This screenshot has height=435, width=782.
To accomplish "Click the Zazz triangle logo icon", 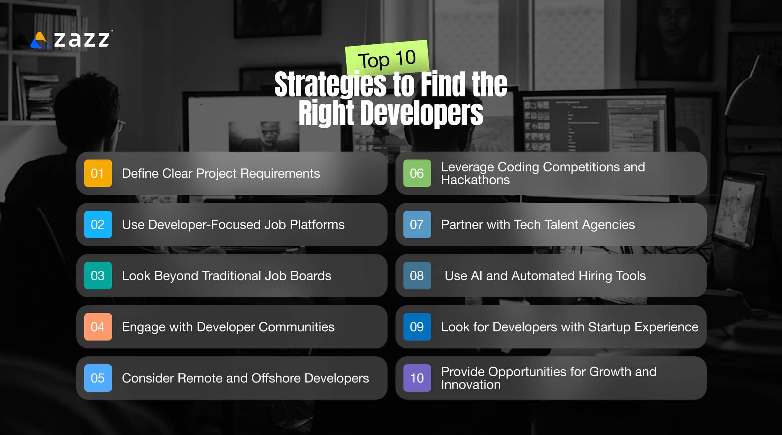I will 40,41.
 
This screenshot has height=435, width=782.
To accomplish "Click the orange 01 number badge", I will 98,173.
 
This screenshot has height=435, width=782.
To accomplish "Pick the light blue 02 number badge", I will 98,225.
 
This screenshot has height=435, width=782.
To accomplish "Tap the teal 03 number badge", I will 98,276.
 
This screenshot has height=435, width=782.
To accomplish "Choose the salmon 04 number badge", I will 98,327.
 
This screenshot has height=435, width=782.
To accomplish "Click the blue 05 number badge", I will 98,378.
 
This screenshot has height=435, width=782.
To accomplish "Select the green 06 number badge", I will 417,173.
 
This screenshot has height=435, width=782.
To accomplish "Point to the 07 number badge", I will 417,225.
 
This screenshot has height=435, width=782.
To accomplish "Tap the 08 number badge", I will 417,276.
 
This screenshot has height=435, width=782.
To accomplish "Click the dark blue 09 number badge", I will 417,327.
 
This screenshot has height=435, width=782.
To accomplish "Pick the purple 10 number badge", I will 417,378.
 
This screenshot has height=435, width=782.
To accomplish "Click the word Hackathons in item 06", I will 475,180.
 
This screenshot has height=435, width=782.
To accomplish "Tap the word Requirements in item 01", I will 280,174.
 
